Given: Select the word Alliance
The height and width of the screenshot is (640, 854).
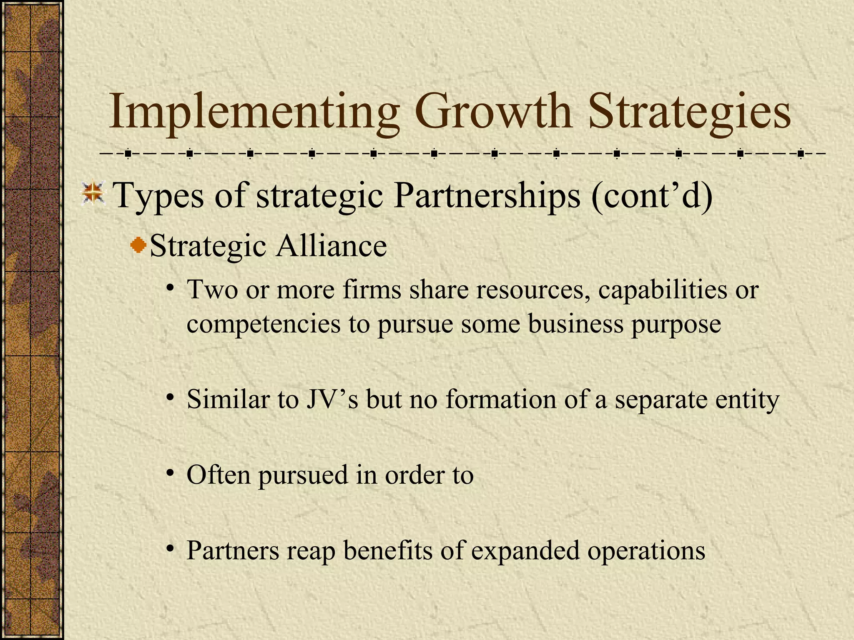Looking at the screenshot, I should click(331, 246).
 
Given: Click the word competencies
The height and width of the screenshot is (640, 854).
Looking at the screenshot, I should click(263, 324).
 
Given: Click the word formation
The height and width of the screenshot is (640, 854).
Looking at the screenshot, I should click(501, 399).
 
